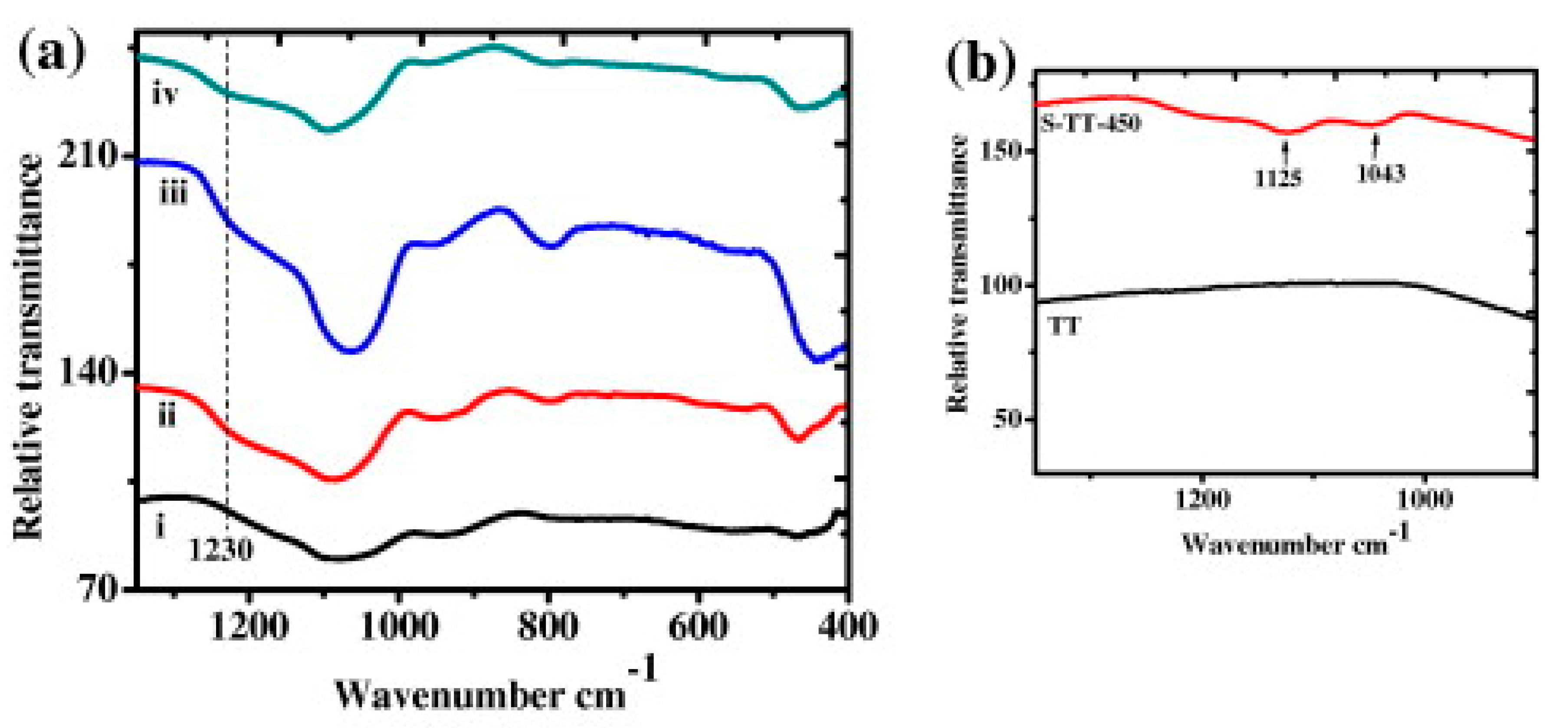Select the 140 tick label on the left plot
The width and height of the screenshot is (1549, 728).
tap(89, 373)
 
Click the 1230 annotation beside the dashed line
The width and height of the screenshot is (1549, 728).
tap(221, 549)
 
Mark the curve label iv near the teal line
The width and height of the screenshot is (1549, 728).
tap(164, 95)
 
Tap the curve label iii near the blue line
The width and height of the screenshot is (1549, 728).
tap(173, 194)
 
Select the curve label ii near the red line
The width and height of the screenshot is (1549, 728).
tap(167, 415)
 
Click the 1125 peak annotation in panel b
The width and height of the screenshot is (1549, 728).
tap(1278, 177)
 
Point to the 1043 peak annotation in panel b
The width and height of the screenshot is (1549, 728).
tap(1381, 174)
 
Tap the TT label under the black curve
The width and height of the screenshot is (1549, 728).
tap(1064, 326)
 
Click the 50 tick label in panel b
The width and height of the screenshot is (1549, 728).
tap(1007, 419)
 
